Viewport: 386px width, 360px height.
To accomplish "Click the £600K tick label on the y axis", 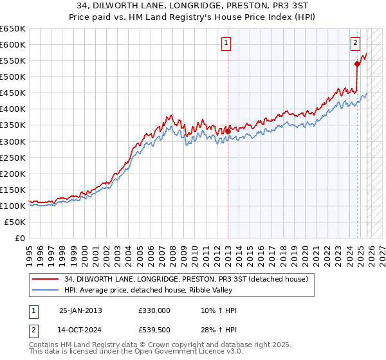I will pyautogui.click(x=14, y=45).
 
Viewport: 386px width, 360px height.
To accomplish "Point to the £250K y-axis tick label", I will pyautogui.click(x=14, y=157).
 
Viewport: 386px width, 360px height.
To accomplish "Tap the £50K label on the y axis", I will pyautogui.click(x=15, y=222).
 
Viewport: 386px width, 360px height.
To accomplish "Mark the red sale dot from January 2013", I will pyautogui.click(x=228, y=131).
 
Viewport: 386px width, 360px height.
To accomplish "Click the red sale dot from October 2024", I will pyautogui.click(x=357, y=64).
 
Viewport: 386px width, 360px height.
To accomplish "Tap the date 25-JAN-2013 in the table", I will pyautogui.click(x=80, y=310).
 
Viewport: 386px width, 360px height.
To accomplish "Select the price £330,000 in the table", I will pyautogui.click(x=154, y=310).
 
